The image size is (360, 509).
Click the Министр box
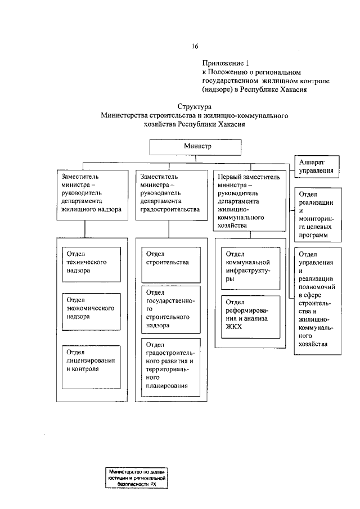196,146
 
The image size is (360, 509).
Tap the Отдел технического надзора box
91,265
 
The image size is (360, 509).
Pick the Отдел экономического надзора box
91,312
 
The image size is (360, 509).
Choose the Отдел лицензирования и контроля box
91,365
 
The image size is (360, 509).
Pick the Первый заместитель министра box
249,200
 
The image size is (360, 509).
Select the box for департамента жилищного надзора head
91,195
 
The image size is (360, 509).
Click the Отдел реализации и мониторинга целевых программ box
316,214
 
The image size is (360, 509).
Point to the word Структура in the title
194,107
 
